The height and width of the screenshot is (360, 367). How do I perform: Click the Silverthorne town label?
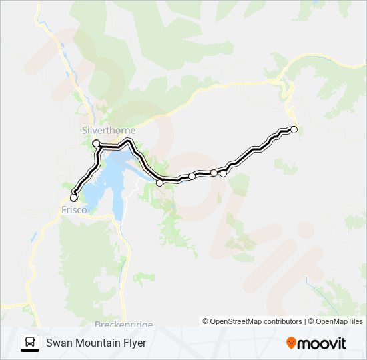click(x=108, y=130)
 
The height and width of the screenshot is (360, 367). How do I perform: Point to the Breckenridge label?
click(x=123, y=325)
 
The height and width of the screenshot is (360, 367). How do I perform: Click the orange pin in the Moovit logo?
click(x=292, y=343)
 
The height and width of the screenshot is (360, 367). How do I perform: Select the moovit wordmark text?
click(x=322, y=343)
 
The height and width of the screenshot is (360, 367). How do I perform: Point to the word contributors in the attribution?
click(x=282, y=321)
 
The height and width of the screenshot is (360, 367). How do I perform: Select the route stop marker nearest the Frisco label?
click(x=73, y=197)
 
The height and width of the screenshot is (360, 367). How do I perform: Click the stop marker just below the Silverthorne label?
click(x=96, y=143)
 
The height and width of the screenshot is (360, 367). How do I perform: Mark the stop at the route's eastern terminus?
click(x=294, y=129)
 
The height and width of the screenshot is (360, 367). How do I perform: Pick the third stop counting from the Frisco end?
click(x=159, y=182)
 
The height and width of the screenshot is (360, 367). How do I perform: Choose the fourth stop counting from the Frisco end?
click(x=192, y=176)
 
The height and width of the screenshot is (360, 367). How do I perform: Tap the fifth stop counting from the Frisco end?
click(x=214, y=173)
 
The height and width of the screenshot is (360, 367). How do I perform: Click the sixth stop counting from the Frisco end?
click(x=223, y=173)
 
